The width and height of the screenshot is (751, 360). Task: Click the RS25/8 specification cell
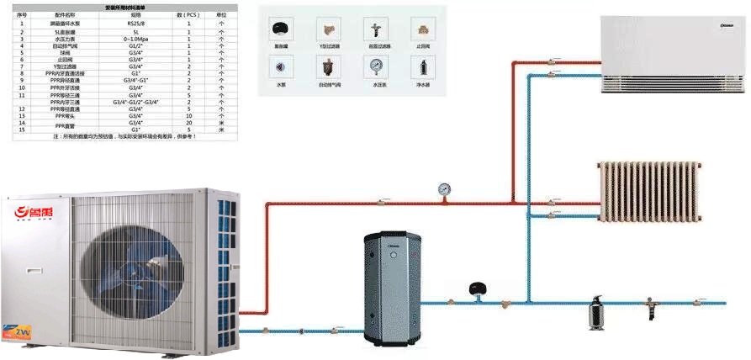[135, 24]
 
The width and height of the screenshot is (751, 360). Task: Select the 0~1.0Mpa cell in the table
[135, 39]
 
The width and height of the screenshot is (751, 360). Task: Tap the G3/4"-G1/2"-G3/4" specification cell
[135, 102]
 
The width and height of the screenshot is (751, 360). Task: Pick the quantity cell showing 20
[189, 123]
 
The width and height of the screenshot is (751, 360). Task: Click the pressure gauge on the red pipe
[443, 188]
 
